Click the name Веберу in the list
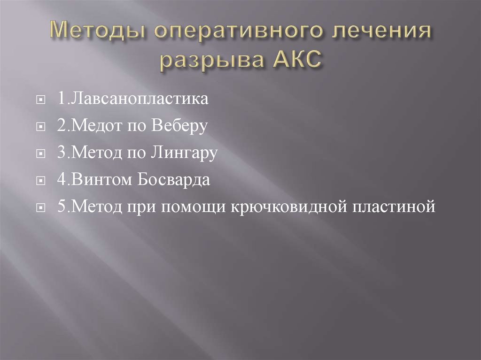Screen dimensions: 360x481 coord(179,127)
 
